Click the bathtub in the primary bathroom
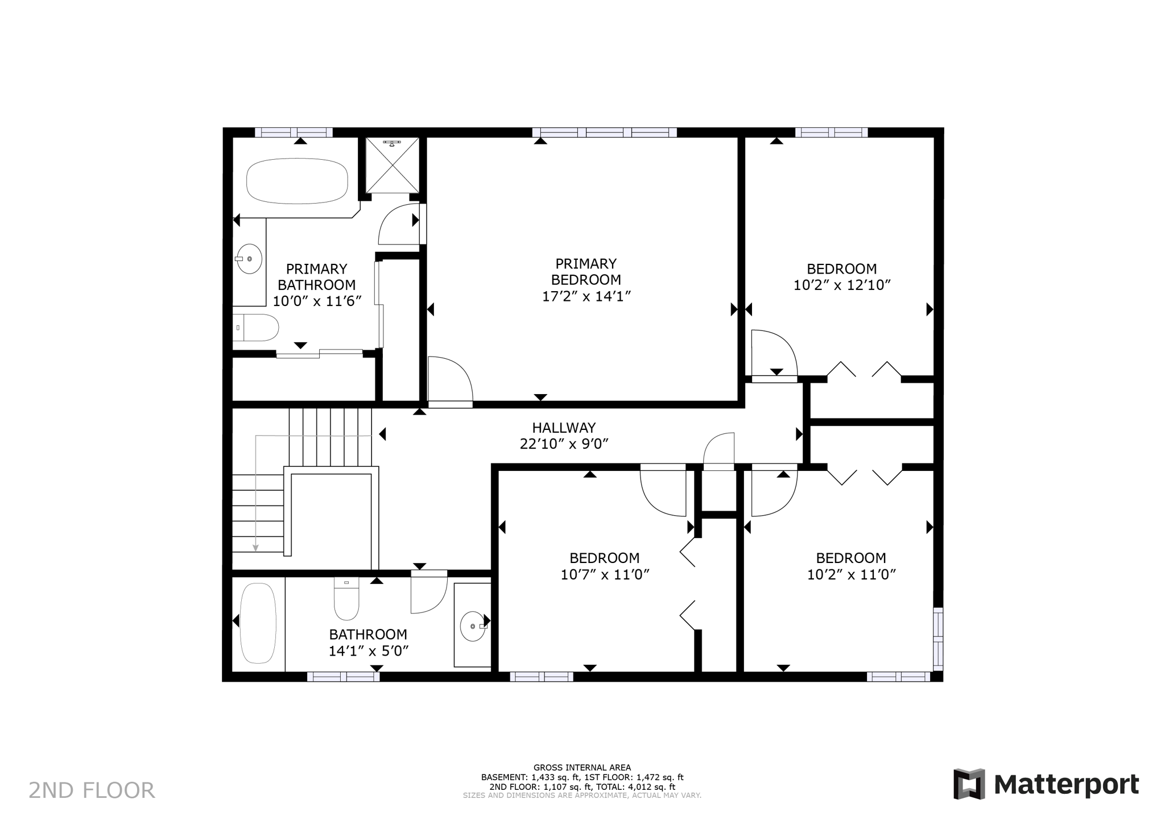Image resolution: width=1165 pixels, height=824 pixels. tap(296, 181)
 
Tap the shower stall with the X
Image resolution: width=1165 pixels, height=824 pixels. tap(392, 165)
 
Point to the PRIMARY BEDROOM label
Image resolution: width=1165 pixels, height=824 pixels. tap(586, 272)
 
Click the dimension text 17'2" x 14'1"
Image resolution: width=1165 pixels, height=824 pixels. tap(586, 296)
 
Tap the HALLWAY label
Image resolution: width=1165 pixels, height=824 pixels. tap(564, 428)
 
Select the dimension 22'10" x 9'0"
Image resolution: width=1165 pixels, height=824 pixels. tap(564, 444)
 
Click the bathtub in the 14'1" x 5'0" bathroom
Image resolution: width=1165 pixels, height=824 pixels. tap(258, 623)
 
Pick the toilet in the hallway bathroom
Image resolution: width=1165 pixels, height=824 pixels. tap(346, 601)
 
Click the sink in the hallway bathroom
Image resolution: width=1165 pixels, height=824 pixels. tap(473, 626)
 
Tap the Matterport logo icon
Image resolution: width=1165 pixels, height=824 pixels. tap(969, 784)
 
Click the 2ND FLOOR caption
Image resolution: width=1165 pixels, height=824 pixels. tap(92, 790)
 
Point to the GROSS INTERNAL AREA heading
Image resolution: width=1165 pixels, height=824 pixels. tap(582, 768)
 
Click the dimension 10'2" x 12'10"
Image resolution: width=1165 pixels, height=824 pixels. tap(842, 285)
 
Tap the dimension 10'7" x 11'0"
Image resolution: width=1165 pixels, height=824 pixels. tap(605, 575)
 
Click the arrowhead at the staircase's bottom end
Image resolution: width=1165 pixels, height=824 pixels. tap(256, 548)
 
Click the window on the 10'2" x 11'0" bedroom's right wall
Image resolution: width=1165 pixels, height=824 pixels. tap(937, 638)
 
